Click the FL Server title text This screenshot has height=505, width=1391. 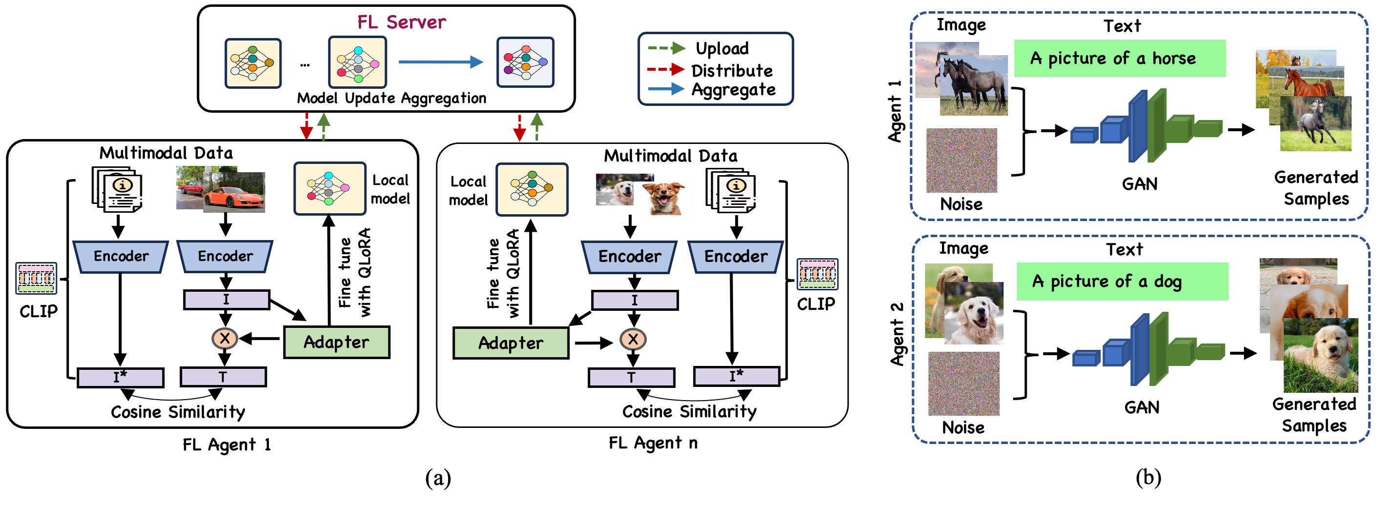401,22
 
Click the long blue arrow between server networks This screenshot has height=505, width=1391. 440,62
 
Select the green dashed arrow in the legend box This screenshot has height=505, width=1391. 666,48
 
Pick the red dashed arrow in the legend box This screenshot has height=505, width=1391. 666,69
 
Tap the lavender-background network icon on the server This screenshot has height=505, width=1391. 525,62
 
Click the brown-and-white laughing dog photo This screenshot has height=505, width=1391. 664,198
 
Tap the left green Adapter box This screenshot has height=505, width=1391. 336,342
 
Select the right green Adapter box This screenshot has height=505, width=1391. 511,343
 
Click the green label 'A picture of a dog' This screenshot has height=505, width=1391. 1122,282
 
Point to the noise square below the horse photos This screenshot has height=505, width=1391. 961,161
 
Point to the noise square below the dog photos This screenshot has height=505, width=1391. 963,384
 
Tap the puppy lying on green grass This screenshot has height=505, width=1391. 1321,355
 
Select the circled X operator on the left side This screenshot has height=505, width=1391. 225,339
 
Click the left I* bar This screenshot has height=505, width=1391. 121,378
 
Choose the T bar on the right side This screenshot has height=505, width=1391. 631,378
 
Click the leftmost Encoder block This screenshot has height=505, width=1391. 121,256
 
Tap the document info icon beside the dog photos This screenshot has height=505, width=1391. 732,191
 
